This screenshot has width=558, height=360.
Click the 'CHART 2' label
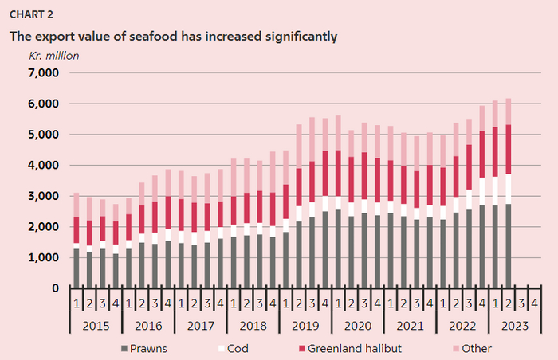(x=30, y=14)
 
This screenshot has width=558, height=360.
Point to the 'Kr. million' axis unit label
(x=54, y=56)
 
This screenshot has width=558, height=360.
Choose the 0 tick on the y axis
(x=56, y=288)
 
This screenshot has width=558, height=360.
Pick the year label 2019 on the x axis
(x=305, y=326)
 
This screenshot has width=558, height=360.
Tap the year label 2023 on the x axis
(x=513, y=326)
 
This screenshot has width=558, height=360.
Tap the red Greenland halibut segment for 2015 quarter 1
(x=75, y=230)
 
